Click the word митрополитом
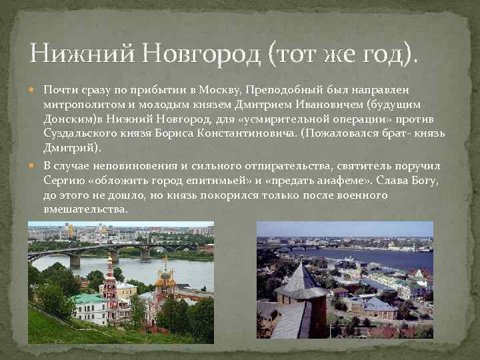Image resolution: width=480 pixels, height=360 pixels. click(x=80, y=105)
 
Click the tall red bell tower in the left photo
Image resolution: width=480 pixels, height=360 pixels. click(x=109, y=290)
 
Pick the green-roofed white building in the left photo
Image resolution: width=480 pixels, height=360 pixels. click(x=89, y=308)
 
